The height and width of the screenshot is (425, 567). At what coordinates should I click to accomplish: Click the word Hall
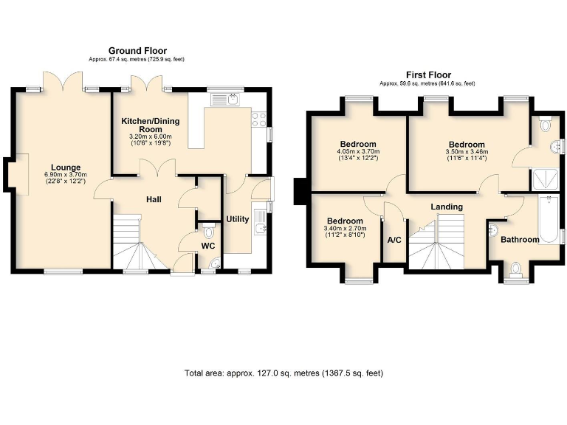(x=154, y=199)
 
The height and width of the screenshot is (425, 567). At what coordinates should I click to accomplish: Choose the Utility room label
(x=237, y=219)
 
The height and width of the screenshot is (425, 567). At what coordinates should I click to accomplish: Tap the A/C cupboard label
(x=394, y=240)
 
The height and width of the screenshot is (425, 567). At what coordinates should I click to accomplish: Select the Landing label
(x=447, y=207)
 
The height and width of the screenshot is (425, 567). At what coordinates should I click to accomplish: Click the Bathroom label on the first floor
(x=520, y=239)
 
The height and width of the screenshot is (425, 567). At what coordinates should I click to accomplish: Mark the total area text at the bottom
(x=283, y=373)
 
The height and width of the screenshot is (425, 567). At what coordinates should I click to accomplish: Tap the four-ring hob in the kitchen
(x=259, y=119)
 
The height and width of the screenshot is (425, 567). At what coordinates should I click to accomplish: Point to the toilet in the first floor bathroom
(x=515, y=269)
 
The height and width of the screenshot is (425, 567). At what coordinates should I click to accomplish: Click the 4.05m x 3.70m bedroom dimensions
(x=358, y=156)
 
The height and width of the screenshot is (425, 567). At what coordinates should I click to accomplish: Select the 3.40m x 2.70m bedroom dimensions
(x=345, y=232)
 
